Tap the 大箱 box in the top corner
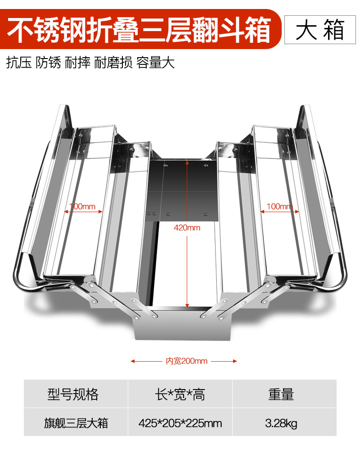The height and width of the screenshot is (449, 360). (x=320, y=29)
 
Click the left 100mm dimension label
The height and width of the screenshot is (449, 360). (x=82, y=207)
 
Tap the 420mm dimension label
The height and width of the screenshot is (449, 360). (x=187, y=228)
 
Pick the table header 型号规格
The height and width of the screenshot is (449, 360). (x=73, y=394)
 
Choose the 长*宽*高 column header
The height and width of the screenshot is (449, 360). (x=180, y=394)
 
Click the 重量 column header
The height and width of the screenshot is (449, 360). (x=281, y=394)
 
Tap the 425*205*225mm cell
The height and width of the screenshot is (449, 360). (x=180, y=423)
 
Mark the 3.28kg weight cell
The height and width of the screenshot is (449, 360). (x=281, y=423)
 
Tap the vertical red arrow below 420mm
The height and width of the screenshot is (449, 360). (x=187, y=270)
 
